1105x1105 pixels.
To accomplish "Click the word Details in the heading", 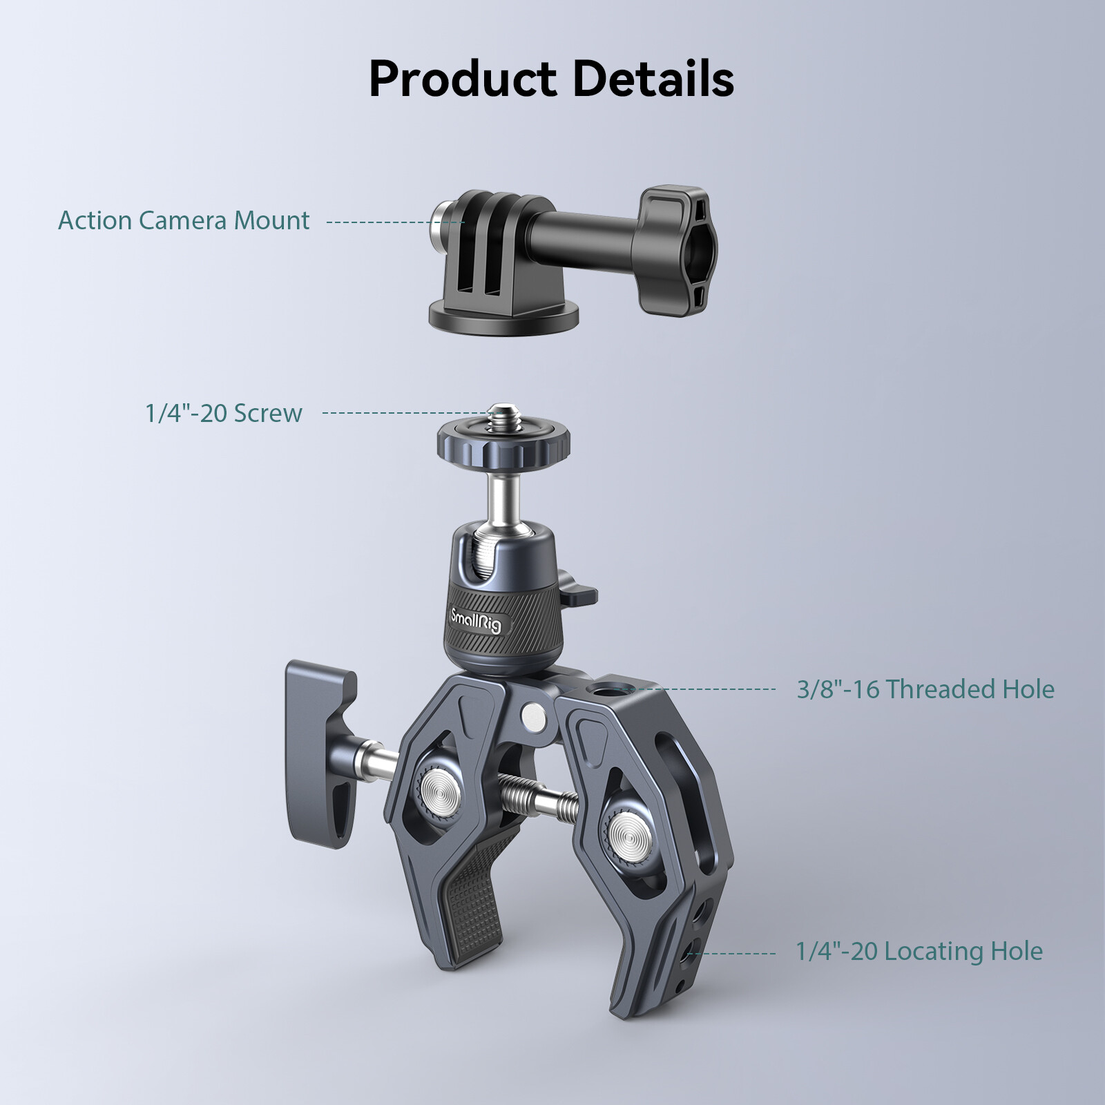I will point(653,78).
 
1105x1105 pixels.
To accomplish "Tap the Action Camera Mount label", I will point(184,220).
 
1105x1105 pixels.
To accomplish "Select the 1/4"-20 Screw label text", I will point(224,413).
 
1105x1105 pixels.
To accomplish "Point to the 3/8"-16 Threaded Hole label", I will point(925,689).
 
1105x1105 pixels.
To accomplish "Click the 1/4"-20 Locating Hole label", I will point(919,952).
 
